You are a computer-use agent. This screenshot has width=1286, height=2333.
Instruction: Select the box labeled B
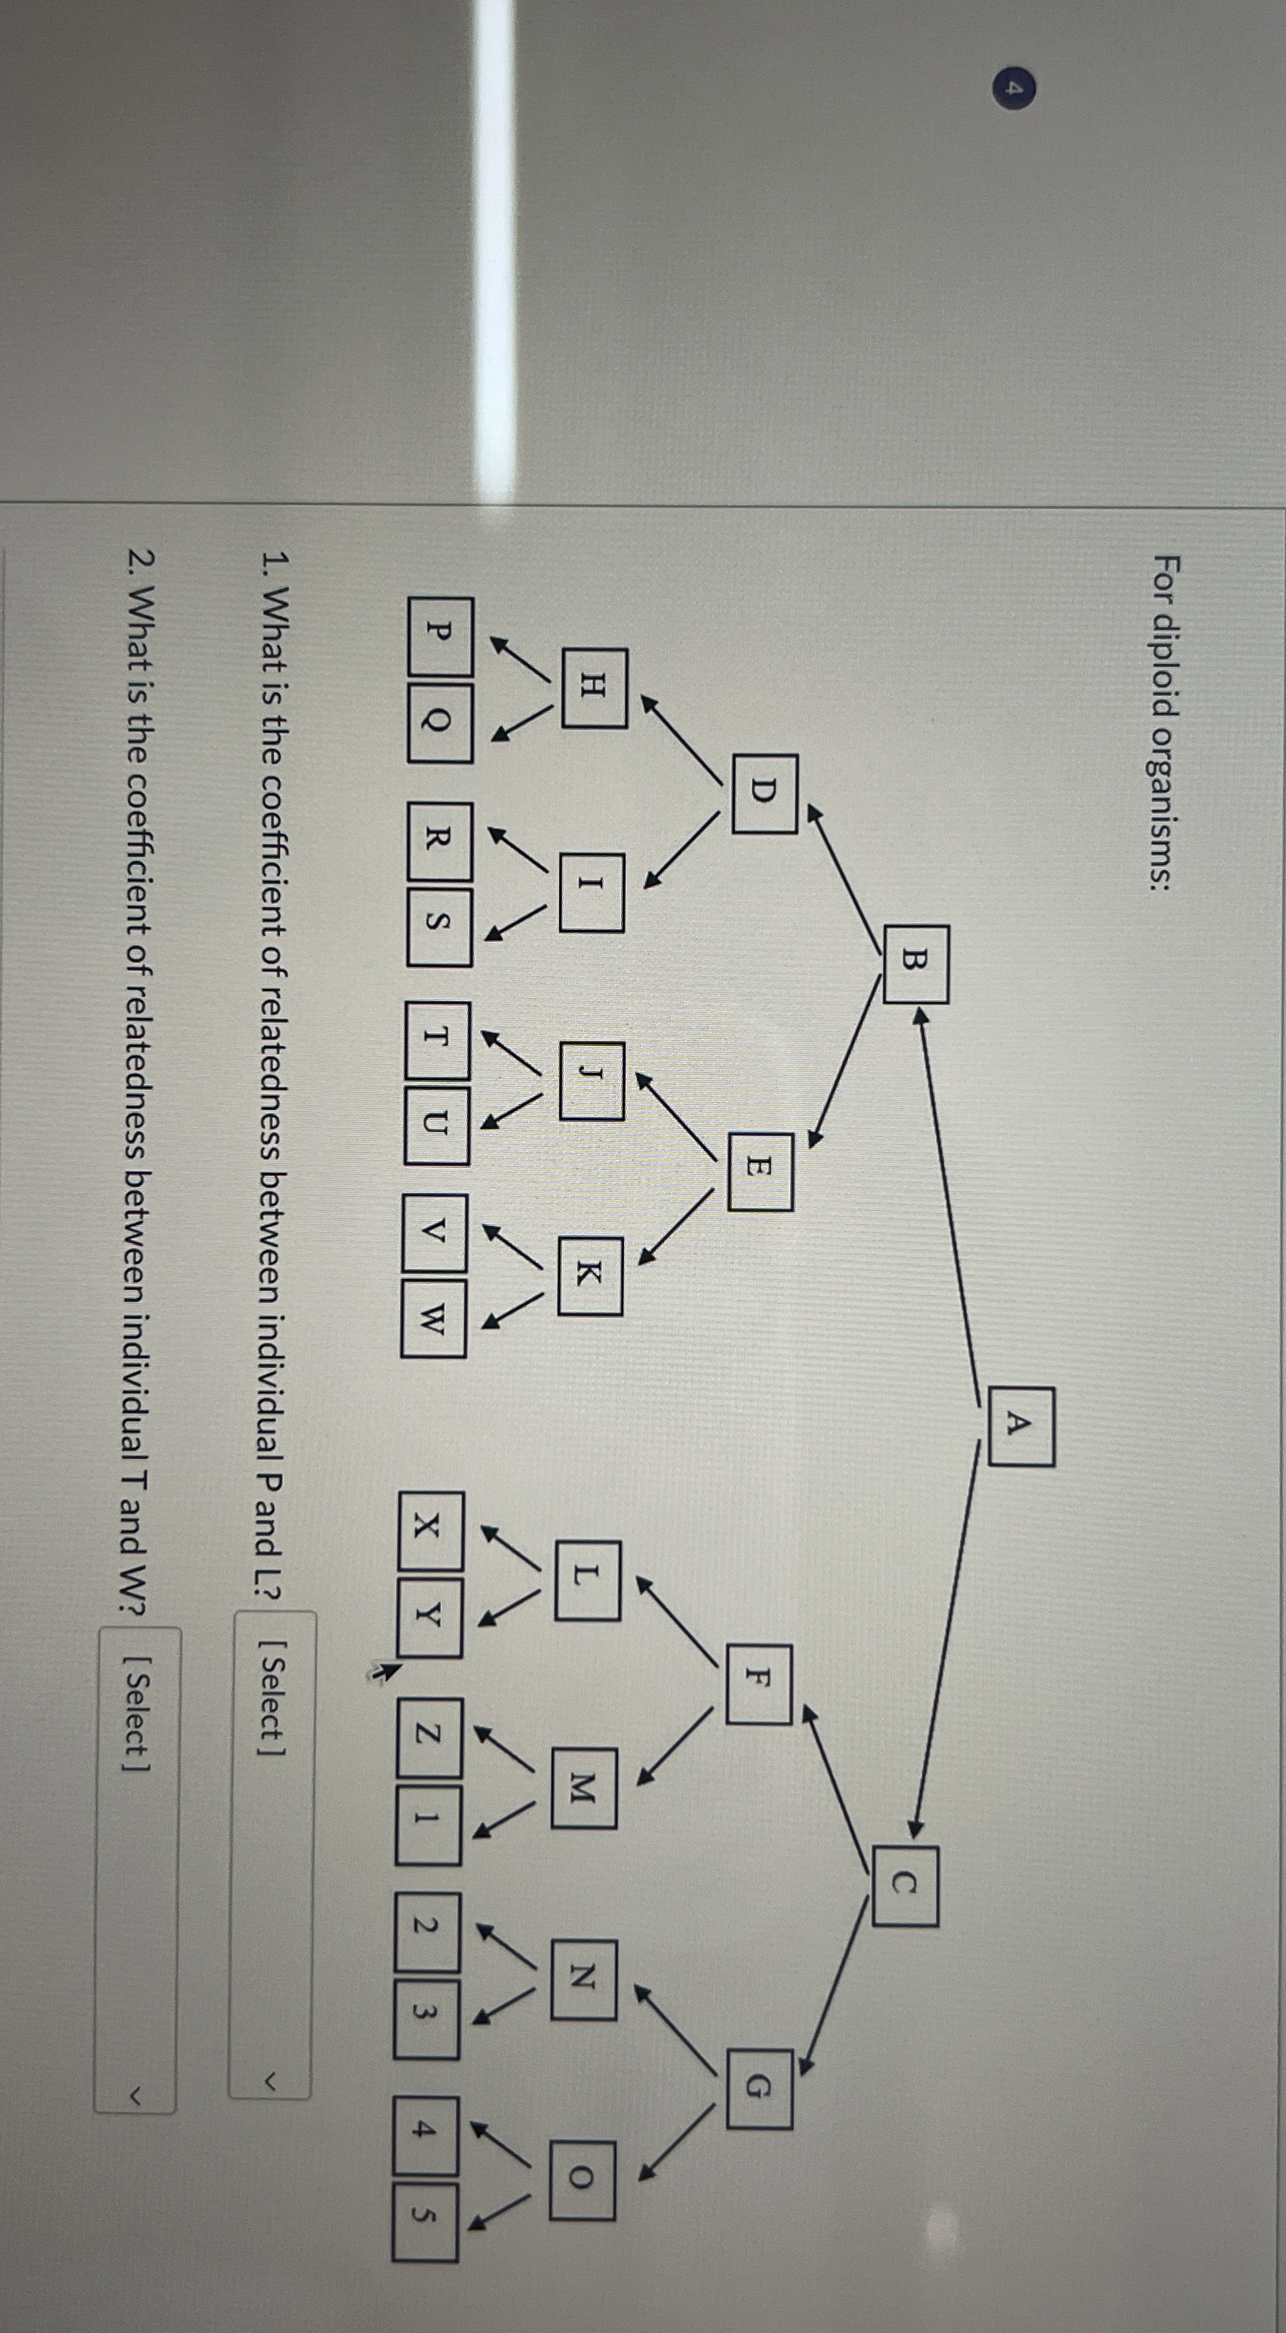[916, 964]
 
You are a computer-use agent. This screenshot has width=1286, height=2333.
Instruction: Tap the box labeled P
[439, 637]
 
